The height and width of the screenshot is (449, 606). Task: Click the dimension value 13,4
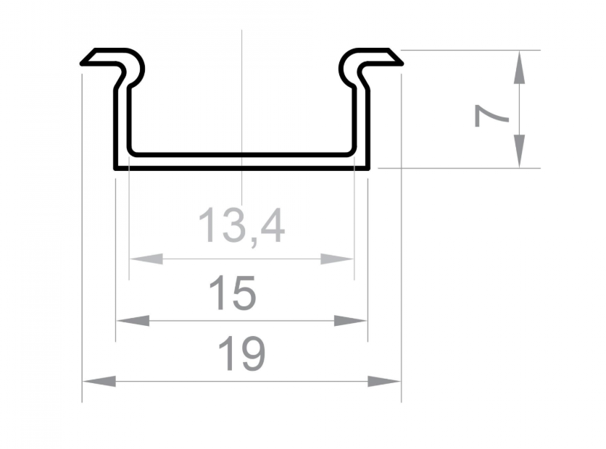pos(241,226)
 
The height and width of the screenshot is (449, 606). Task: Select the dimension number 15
pos(232,293)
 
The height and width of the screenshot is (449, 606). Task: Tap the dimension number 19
pos(242,353)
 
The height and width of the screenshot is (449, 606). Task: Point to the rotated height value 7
pos(491,115)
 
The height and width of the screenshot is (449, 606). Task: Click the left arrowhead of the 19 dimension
pos(99,382)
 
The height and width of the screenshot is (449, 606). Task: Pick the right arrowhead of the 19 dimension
pos(384,382)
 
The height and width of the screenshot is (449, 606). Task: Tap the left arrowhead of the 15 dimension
pos(133,320)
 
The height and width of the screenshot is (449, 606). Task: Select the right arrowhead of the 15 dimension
pos(351,320)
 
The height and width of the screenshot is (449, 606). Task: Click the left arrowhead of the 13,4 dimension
pos(146,259)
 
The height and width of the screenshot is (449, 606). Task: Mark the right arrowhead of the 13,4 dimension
pos(337,259)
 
